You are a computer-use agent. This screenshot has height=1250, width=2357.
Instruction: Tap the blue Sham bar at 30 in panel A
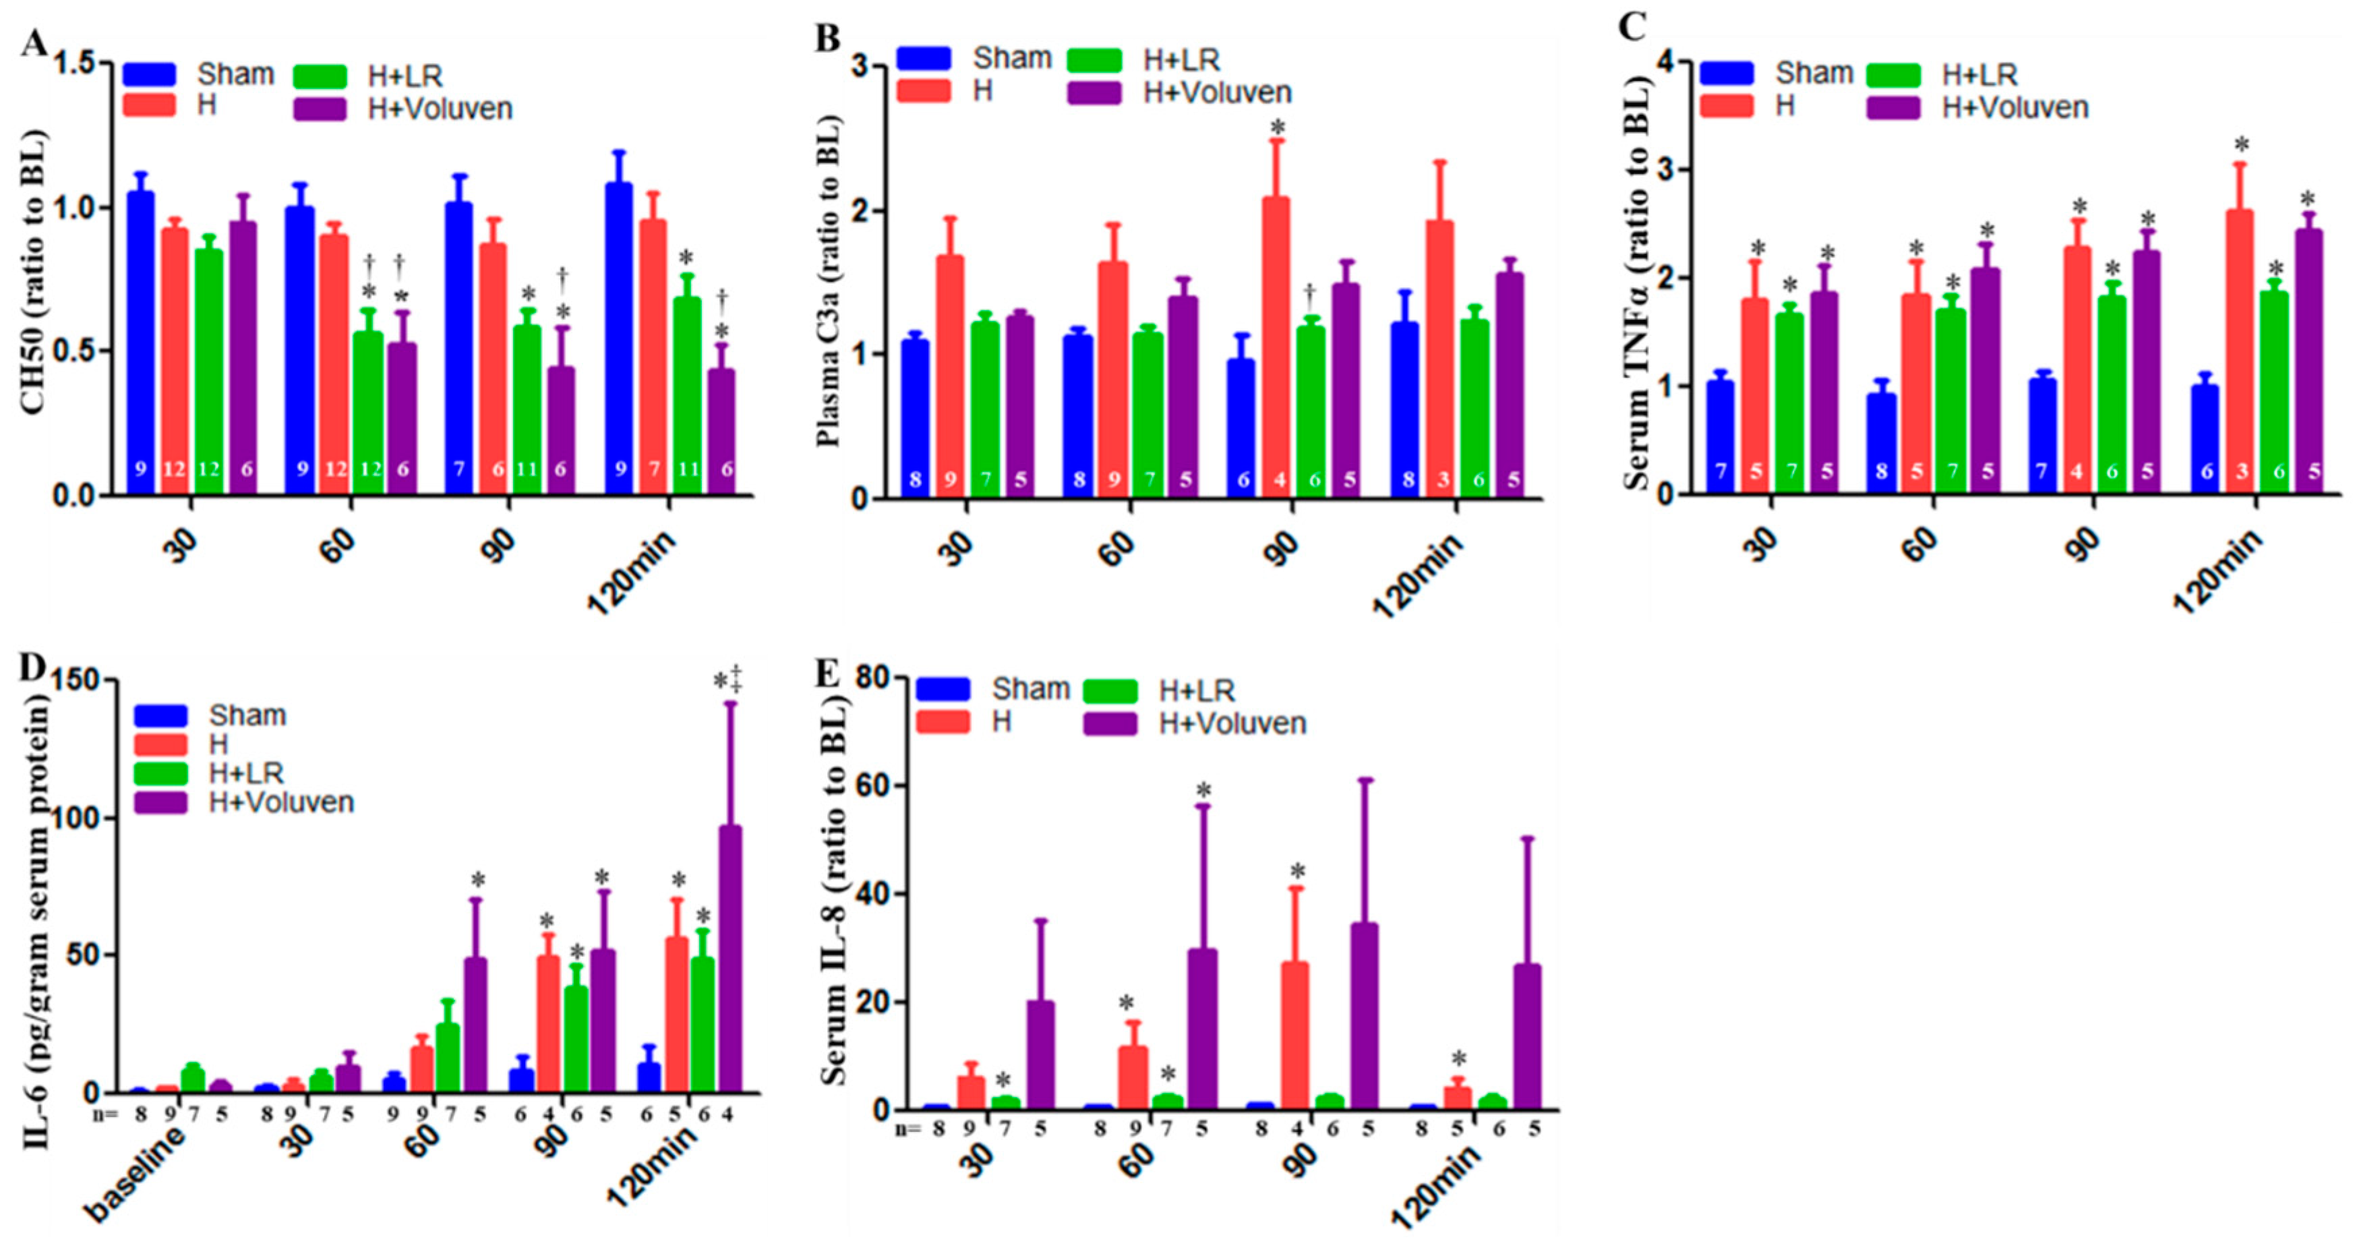[x=140, y=343]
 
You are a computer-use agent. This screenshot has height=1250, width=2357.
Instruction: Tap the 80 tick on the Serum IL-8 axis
[x=873, y=678]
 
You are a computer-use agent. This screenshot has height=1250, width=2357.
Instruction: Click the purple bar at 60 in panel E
[x=1201, y=1029]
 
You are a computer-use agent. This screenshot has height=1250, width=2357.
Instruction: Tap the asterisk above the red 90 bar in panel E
[x=1297, y=872]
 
